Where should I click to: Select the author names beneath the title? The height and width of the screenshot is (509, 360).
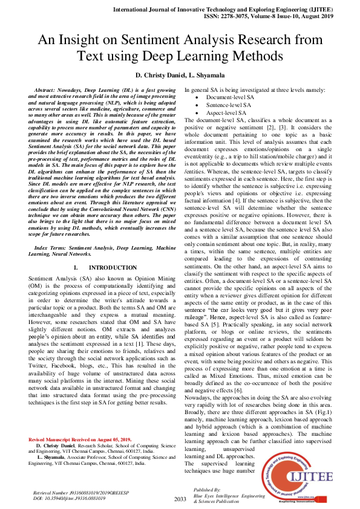coord(180,75)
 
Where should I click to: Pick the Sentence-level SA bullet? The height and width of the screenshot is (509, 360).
coord(227,105)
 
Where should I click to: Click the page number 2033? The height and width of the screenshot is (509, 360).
coord(180,499)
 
